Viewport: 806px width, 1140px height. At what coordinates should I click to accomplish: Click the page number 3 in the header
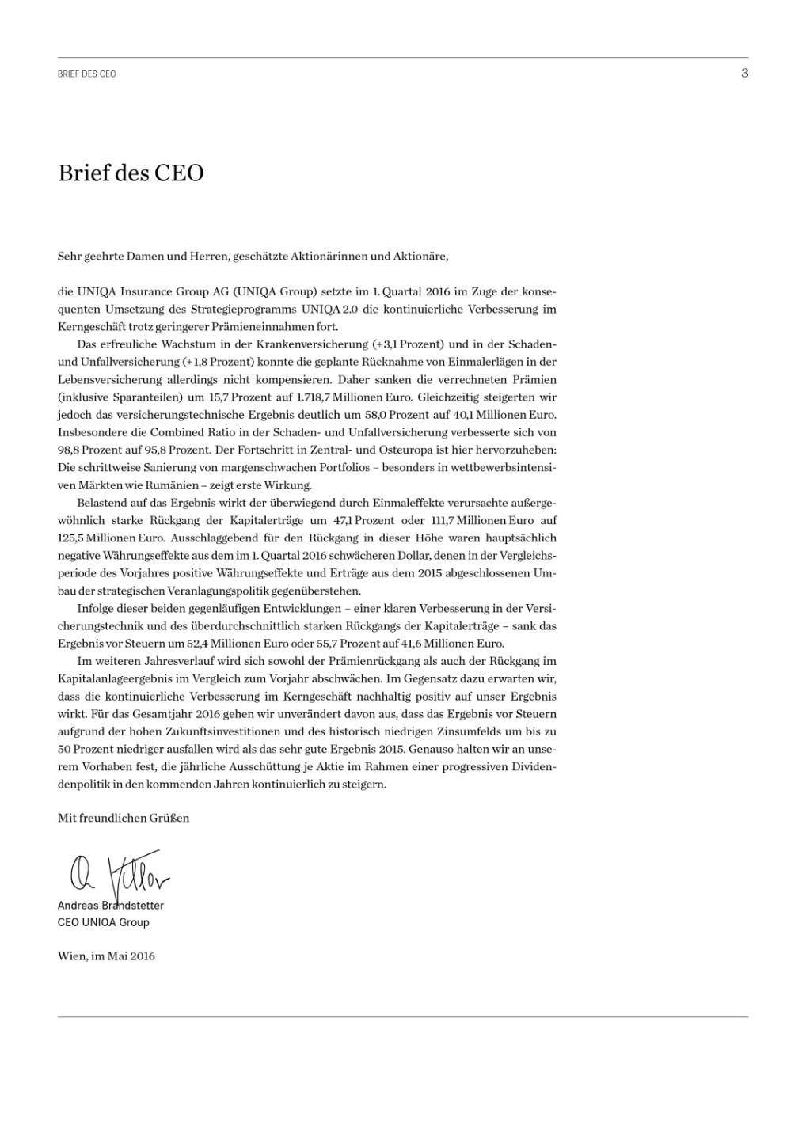click(744, 73)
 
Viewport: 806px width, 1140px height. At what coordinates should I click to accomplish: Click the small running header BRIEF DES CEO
click(87, 74)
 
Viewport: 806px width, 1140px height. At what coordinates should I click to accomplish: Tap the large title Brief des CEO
click(131, 173)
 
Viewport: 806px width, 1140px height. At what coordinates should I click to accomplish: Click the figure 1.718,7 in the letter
click(315, 397)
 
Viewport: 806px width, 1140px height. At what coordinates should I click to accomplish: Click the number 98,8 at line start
click(68, 450)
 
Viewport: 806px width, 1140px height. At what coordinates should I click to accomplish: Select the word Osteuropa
click(405, 450)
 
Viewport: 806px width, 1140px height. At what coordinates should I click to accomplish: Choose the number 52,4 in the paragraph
click(198, 644)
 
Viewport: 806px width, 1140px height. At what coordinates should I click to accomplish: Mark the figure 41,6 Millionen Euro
click(466, 644)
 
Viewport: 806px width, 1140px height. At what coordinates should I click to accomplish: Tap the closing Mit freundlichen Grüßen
click(124, 819)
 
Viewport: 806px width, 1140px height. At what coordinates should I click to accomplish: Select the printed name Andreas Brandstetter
click(111, 906)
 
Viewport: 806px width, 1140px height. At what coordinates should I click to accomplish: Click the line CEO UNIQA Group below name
click(104, 922)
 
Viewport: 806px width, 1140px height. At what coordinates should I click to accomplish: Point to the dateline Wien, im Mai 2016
click(106, 956)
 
